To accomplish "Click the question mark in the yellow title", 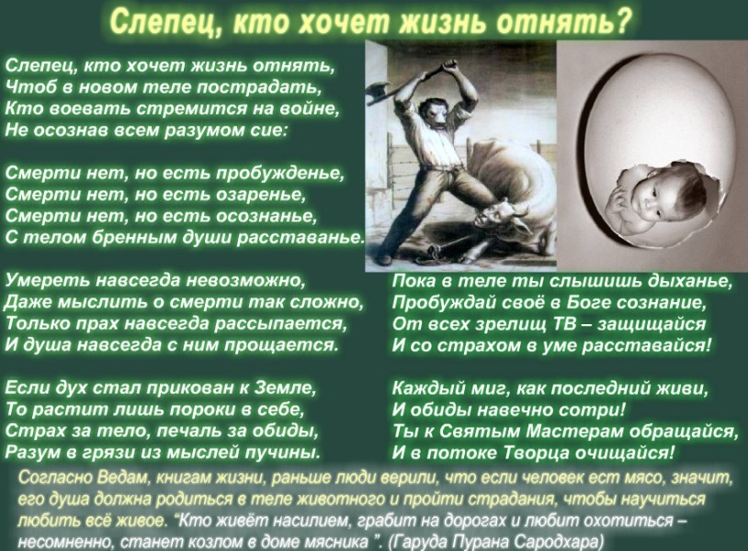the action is (624, 21).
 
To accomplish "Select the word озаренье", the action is (261, 195).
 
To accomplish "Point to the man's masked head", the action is (433, 114).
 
